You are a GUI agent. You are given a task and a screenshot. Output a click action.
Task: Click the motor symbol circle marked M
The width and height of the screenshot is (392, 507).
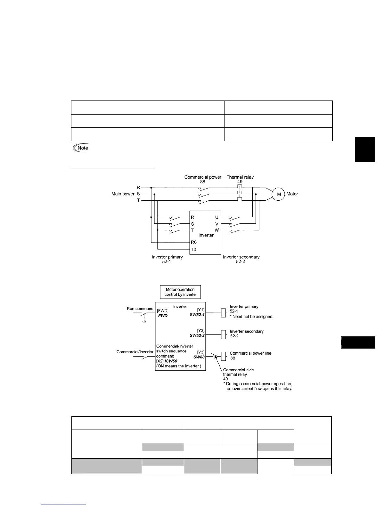click(279, 194)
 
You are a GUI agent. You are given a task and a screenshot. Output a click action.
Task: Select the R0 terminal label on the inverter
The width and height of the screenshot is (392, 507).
click(193, 242)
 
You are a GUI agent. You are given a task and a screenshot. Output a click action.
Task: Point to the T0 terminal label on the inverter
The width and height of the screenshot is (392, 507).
click(193, 249)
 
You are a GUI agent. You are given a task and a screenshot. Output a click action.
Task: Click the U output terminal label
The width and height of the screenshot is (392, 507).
click(217, 218)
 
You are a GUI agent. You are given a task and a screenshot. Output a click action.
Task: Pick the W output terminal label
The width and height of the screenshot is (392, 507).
click(217, 230)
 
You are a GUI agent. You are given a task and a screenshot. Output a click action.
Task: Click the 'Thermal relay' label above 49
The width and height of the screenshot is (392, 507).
click(240, 177)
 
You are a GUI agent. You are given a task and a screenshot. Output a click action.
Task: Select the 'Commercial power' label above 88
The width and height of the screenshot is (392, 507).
click(203, 177)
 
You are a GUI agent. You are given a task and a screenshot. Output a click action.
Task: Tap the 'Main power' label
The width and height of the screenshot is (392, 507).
click(123, 194)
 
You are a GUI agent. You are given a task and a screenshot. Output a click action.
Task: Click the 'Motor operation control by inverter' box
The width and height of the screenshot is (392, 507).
click(180, 292)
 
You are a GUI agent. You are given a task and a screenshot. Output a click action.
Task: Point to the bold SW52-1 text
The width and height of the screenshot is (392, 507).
click(197, 314)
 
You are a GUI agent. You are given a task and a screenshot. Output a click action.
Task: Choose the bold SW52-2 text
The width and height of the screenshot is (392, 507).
click(197, 335)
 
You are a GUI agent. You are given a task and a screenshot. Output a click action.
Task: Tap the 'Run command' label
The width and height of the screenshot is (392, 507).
click(140, 309)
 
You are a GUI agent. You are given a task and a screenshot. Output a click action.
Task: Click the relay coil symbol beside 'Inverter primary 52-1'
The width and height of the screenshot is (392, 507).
click(224, 313)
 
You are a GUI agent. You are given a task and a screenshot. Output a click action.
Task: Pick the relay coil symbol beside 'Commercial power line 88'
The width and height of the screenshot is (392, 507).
click(224, 356)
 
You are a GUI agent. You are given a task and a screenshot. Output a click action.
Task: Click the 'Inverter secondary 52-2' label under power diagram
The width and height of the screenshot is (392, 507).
click(241, 259)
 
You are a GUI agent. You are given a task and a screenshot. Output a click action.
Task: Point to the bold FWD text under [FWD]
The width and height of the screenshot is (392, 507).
click(163, 316)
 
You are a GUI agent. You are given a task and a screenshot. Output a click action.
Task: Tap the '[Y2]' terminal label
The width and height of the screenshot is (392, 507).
click(201, 331)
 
